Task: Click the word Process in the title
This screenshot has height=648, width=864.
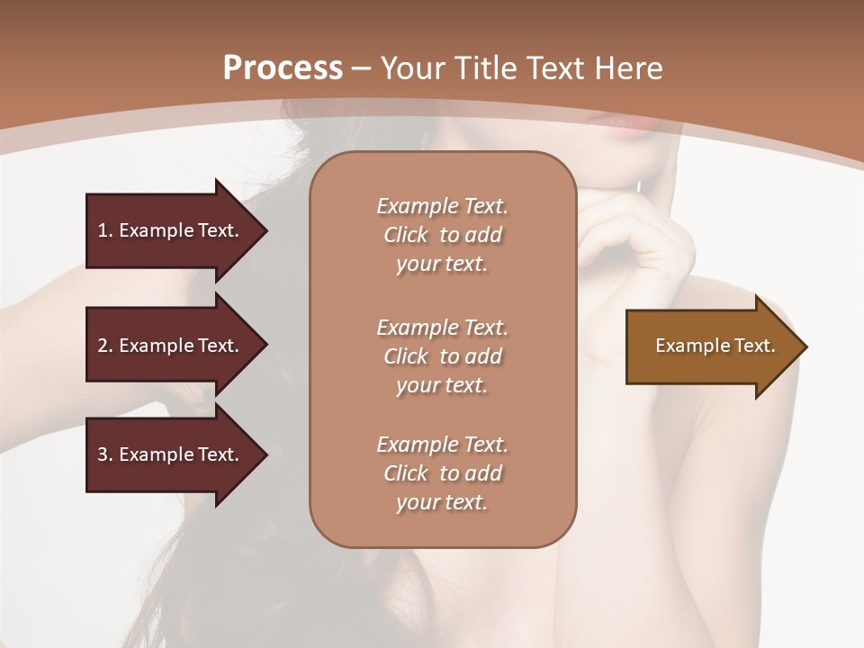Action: pyautogui.click(x=283, y=68)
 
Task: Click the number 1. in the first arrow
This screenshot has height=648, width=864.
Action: pyautogui.click(x=104, y=230)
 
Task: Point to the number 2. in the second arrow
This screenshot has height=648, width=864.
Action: pyautogui.click(x=104, y=346)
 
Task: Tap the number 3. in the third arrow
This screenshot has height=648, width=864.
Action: pyautogui.click(x=104, y=454)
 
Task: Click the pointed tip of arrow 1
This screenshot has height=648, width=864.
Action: pyautogui.click(x=263, y=230)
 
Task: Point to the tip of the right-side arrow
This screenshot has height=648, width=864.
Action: pyautogui.click(x=803, y=346)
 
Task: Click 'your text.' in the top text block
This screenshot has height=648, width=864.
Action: pyautogui.click(x=441, y=265)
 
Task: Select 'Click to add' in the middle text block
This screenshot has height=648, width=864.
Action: pyautogui.click(x=442, y=356)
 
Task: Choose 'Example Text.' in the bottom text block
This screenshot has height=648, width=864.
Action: pyautogui.click(x=442, y=445)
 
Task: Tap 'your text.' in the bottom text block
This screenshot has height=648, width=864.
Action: pyautogui.click(x=441, y=502)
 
